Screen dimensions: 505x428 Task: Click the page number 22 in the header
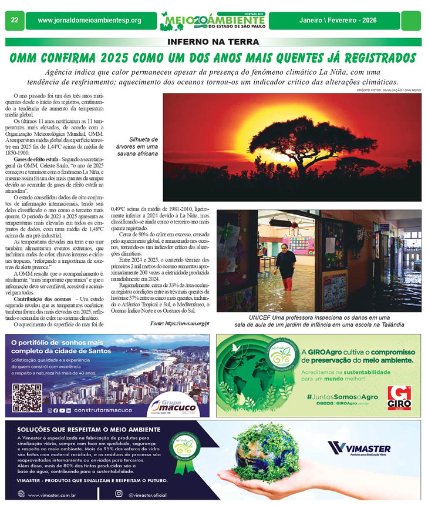[x=14, y=21]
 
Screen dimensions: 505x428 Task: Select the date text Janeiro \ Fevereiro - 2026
[x=342, y=21]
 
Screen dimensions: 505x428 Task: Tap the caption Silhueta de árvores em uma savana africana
[x=136, y=146]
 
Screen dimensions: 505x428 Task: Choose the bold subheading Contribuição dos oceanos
[x=43, y=299]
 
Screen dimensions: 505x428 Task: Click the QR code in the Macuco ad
[x=27, y=398]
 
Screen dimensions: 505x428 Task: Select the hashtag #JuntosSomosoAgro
[x=342, y=397]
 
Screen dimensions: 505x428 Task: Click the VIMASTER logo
[x=359, y=449]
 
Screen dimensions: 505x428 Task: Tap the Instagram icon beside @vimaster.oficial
[x=119, y=494]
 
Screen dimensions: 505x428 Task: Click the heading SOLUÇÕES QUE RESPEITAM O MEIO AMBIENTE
[x=83, y=429]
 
